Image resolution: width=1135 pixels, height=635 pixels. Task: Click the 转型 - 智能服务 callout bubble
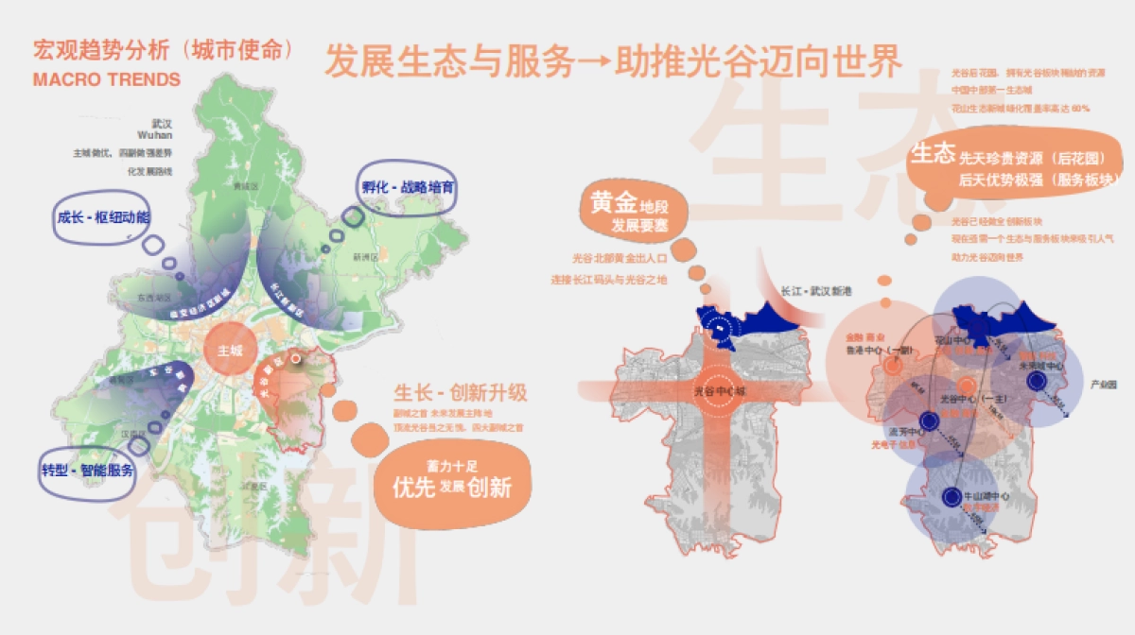pos(87,470)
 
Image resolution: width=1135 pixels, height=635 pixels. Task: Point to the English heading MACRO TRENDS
pos(106,80)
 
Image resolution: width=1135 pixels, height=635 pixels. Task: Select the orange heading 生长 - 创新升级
pos(460,392)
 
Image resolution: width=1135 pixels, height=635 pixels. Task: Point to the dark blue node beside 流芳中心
pos(929,422)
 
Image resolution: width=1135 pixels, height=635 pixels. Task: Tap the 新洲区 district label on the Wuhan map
pos(363,257)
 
